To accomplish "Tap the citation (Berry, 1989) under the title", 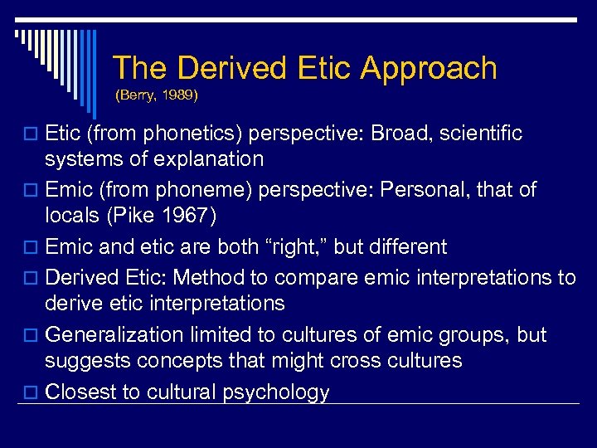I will pyautogui.click(x=157, y=95).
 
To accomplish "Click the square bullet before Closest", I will pyautogui.click(x=33, y=392).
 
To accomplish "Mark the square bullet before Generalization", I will pyautogui.click(x=33, y=335).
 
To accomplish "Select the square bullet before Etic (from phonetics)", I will pyautogui.click(x=33, y=134).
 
